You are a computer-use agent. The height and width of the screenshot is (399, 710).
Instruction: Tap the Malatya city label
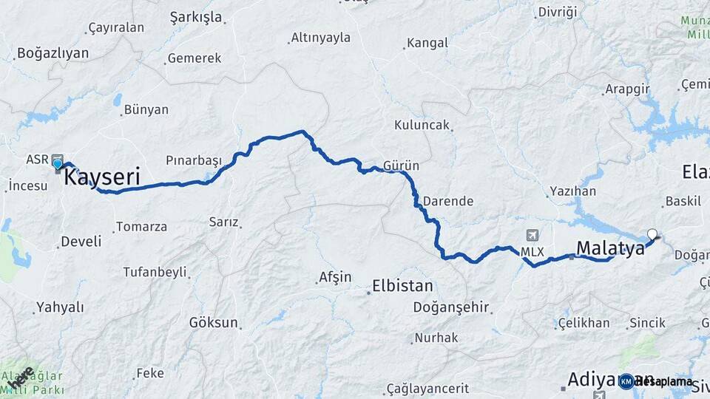(610, 248)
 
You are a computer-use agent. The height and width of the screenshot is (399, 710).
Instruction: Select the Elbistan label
(403, 286)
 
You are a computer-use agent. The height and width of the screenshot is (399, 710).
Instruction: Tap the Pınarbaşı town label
(194, 160)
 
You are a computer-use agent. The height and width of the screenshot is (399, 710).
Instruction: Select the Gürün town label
(402, 166)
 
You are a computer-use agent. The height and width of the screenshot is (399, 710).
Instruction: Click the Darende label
(447, 200)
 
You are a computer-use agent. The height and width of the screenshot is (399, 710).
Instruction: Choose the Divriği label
(557, 12)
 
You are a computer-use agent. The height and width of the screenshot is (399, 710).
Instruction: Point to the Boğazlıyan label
(53, 53)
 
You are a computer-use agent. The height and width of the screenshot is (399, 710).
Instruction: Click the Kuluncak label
(422, 125)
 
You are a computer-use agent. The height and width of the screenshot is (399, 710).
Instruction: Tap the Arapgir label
(627, 89)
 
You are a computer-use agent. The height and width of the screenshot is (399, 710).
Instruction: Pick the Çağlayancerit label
(427, 389)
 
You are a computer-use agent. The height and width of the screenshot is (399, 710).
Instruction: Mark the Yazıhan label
(572, 191)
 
